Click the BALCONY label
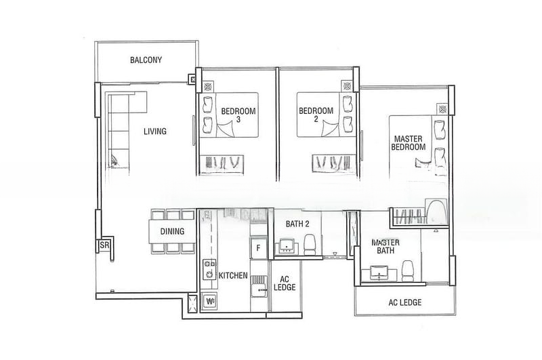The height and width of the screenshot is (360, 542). [x=146, y=60]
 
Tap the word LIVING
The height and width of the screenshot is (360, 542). [x=154, y=132]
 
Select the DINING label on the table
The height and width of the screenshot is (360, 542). [x=172, y=231]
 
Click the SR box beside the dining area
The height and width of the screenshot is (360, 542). [x=105, y=245]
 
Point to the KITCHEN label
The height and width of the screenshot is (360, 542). [x=233, y=276]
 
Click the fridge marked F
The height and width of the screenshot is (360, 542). [x=257, y=247]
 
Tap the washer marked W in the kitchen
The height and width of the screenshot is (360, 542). [x=209, y=301]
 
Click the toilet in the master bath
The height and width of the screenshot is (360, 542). [x=408, y=270]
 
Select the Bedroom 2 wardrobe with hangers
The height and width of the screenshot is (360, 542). [x=331, y=163]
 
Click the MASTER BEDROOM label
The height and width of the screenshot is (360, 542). [x=409, y=143]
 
